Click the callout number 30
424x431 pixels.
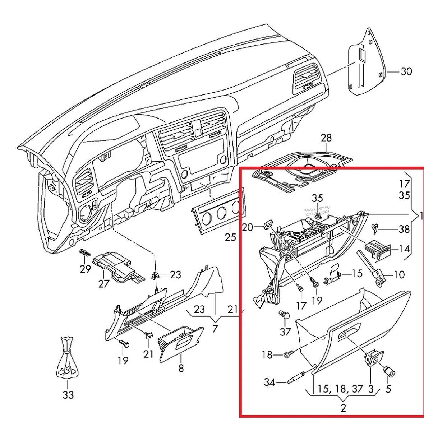(406, 71)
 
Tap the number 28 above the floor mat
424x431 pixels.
(326, 138)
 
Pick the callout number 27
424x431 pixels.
(103, 284)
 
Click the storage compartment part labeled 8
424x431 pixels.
(181, 343)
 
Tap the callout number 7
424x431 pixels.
(215, 328)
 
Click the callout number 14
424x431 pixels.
(404, 249)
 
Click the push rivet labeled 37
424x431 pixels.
(284, 315)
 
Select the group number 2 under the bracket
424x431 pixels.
(343, 408)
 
